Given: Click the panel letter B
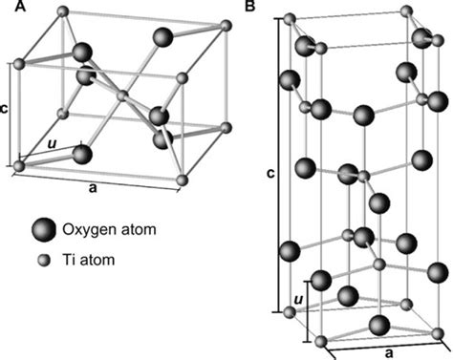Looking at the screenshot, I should pos(250,8).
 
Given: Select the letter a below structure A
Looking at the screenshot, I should pos(93,188).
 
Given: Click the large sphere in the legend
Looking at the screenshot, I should pos(42,229).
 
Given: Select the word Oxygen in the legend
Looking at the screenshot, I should pos(87,229).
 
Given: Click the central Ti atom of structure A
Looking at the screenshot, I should pos(121,95).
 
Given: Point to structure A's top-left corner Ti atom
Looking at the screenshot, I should pos(63,12).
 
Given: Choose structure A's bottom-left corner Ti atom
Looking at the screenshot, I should pos(19,166).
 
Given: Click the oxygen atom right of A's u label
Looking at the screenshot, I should pos(81,153).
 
